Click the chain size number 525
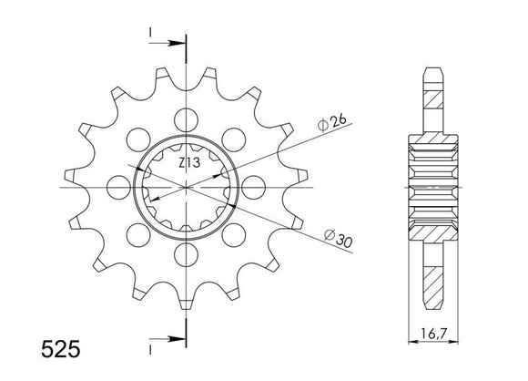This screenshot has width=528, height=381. [x=30, y=349]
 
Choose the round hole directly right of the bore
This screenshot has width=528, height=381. [x=256, y=187]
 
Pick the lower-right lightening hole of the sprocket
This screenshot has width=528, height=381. [x=236, y=236]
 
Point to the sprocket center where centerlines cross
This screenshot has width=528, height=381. [x=187, y=187]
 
